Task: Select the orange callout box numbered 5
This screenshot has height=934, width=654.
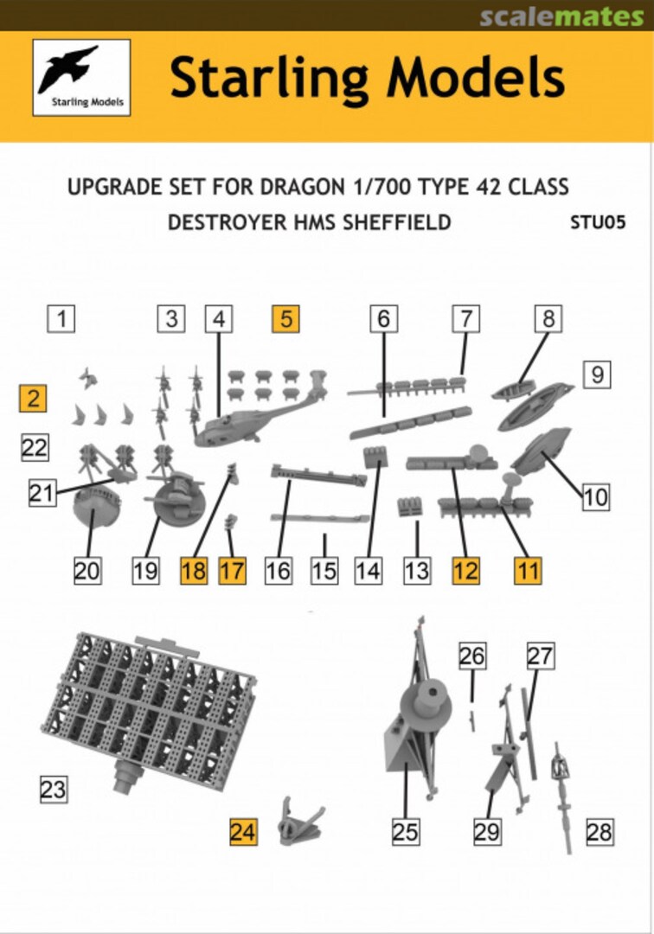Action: coord(285,319)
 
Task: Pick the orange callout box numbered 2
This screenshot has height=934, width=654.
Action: coord(34,399)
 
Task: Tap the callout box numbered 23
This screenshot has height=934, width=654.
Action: coord(53,789)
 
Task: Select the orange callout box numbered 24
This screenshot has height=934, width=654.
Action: coord(243,832)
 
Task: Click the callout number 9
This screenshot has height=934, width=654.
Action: coord(597,375)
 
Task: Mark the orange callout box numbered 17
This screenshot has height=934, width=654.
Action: coord(232,572)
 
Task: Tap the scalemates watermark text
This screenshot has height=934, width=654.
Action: coord(561,16)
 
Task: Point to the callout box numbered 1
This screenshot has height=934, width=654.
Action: coord(61,318)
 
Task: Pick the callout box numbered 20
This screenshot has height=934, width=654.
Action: coord(87,572)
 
